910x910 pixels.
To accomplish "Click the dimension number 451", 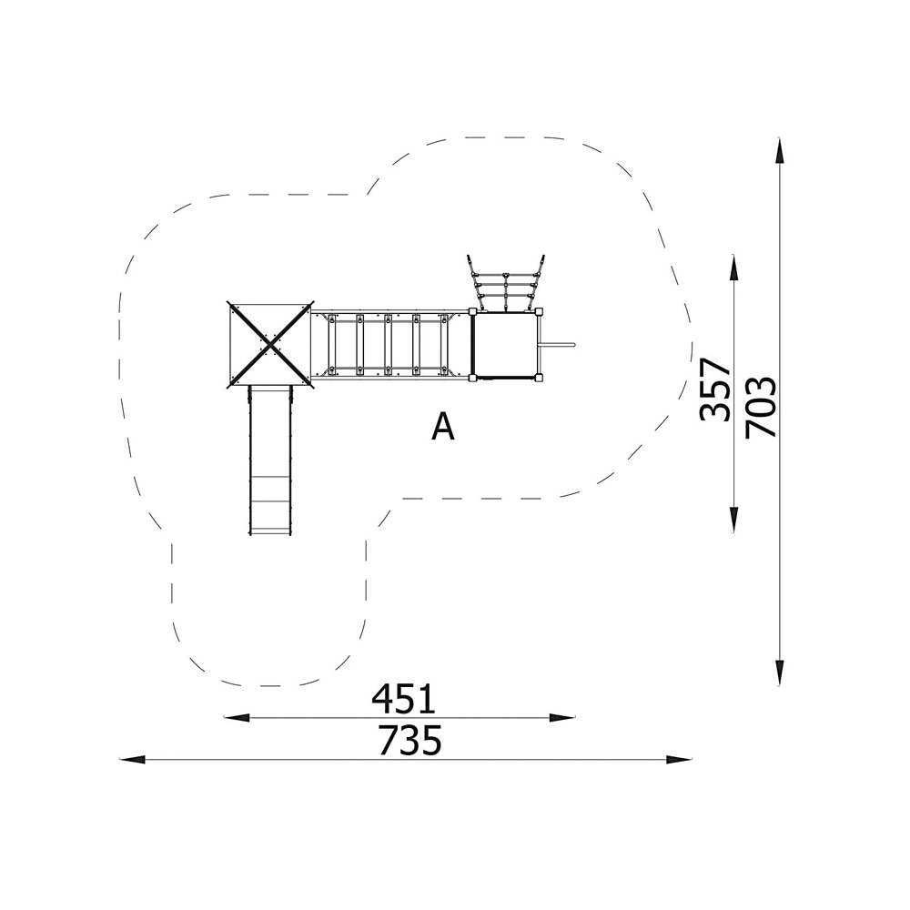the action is [x=403, y=699].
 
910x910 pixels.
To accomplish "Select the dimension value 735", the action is [x=409, y=740].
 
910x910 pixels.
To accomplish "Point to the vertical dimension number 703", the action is [x=760, y=407].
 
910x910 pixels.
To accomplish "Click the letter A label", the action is [x=443, y=428].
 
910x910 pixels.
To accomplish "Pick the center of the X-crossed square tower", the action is [x=270, y=344].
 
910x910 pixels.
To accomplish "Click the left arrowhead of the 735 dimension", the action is [x=132, y=759].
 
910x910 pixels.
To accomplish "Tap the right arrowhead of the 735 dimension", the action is [x=679, y=759].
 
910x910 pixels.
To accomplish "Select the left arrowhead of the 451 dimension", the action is [x=237, y=718].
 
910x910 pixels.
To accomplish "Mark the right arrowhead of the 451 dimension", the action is [x=562, y=718].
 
